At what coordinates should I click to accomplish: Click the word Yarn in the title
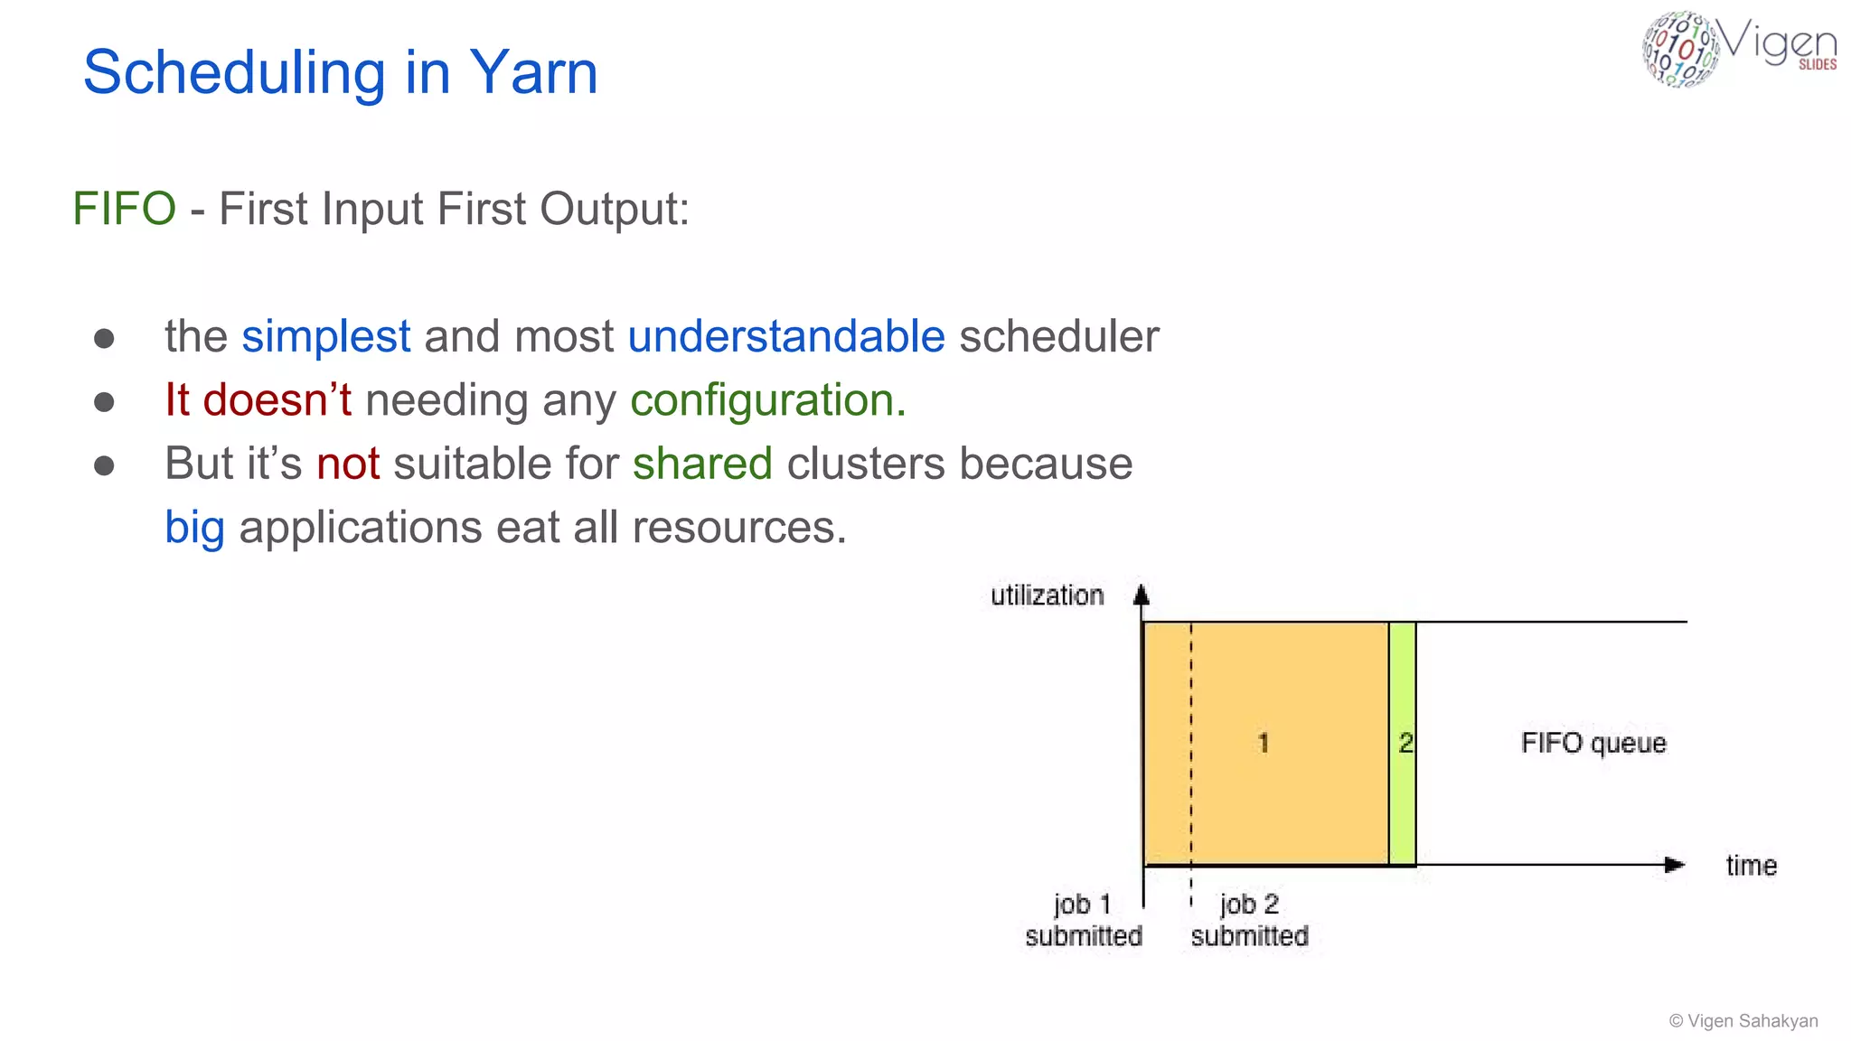point(533,72)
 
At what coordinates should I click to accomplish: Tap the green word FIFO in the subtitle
point(124,209)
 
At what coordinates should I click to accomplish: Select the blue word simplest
point(325,337)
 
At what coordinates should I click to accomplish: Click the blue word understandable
point(786,337)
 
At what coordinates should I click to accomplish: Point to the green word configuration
point(767,400)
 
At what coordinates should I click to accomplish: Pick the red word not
point(348,464)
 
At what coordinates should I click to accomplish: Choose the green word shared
point(702,464)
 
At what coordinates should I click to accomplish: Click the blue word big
point(194,528)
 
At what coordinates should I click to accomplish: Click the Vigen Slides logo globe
point(1679,49)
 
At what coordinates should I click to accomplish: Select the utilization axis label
point(1047,596)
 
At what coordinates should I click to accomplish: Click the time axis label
point(1751,866)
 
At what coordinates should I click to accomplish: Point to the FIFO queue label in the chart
point(1593,743)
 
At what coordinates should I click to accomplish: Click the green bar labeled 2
point(1403,743)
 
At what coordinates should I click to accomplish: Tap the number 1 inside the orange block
point(1263,743)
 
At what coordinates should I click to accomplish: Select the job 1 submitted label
point(1083,920)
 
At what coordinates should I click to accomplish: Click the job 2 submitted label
point(1249,920)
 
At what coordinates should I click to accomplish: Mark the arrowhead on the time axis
point(1675,865)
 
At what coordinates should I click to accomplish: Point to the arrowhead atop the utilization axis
point(1142,595)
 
